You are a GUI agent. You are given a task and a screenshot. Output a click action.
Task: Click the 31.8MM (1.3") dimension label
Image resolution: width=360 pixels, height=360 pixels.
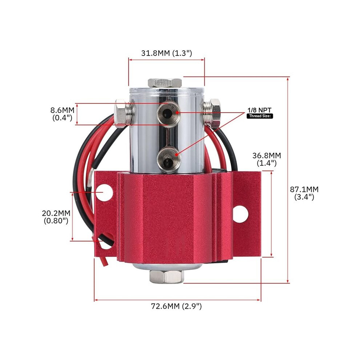pyautogui.click(x=167, y=53)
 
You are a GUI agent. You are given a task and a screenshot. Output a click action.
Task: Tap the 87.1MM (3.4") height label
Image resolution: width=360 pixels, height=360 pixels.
pyautogui.click(x=304, y=193)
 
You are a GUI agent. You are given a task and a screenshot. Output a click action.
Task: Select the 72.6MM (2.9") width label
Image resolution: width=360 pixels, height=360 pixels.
pyautogui.click(x=176, y=306)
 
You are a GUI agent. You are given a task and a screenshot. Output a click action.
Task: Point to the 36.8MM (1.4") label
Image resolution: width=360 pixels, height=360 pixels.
pyautogui.click(x=267, y=159)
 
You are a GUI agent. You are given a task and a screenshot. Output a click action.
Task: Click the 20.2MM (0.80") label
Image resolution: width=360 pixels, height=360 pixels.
pyautogui.click(x=56, y=217)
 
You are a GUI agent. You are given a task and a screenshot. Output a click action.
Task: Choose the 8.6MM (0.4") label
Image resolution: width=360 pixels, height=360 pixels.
pyautogui.click(x=62, y=114)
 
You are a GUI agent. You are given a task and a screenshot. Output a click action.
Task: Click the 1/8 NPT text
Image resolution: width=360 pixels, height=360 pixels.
pyautogui.click(x=259, y=110)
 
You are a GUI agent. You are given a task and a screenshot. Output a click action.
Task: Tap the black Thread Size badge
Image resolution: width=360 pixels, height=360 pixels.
pyautogui.click(x=260, y=116)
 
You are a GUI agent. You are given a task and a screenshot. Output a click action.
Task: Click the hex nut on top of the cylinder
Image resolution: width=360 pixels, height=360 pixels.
pyautogui.click(x=165, y=83)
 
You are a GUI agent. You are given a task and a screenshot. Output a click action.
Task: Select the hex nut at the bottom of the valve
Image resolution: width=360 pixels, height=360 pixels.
pyautogui.click(x=167, y=276)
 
